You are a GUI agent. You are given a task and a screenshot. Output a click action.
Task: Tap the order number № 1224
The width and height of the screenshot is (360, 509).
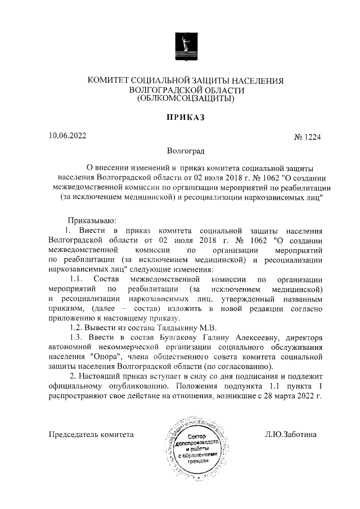tap(308, 137)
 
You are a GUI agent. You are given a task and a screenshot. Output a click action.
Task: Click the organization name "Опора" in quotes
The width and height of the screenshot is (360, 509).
tap(103, 356)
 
